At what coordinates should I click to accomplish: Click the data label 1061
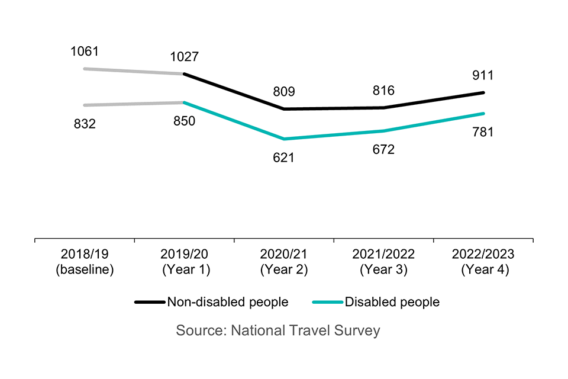84,52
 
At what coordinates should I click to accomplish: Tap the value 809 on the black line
284,92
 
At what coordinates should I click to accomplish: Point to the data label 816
383,91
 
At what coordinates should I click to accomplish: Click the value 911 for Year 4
483,76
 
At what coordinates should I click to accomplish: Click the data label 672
383,149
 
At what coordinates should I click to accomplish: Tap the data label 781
483,131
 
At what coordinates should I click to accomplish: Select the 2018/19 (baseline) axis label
85,261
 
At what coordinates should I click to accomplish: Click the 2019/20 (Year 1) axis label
184,261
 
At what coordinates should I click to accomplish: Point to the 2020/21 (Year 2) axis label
284,261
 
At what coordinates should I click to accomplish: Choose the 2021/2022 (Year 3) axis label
383,261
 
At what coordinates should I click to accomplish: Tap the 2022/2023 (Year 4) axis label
483,261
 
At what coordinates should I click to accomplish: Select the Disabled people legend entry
376,302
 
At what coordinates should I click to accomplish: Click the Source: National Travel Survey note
278,330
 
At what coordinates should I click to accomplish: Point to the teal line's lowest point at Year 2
284,139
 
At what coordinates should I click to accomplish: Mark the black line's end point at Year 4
483,93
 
